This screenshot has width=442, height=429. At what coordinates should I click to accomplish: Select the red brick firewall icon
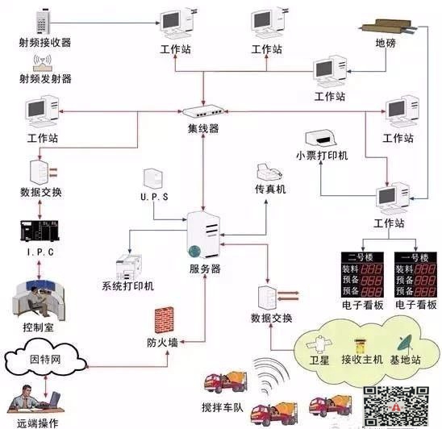(x=166, y=320)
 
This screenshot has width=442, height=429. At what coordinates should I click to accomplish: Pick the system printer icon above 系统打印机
(x=129, y=267)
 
